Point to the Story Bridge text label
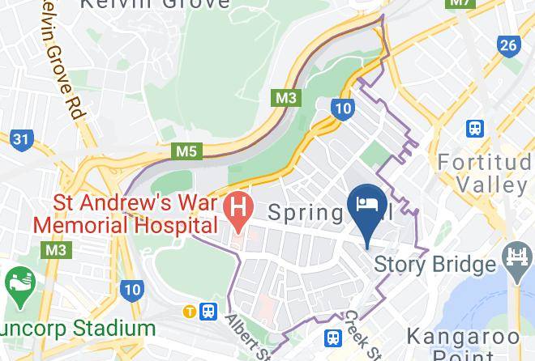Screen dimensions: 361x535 tap(434, 264)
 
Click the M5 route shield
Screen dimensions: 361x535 tap(186, 151)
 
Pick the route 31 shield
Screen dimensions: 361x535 tap(23, 140)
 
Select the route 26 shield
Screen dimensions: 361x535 tap(508, 45)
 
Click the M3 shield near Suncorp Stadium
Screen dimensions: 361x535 tap(56, 250)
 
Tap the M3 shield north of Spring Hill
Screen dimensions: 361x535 tap(285, 98)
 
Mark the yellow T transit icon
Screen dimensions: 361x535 tap(189, 310)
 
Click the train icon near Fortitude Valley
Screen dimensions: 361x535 tap(475, 128)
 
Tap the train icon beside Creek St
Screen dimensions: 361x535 tap(333, 338)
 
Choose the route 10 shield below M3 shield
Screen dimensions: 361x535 tap(342, 108)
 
